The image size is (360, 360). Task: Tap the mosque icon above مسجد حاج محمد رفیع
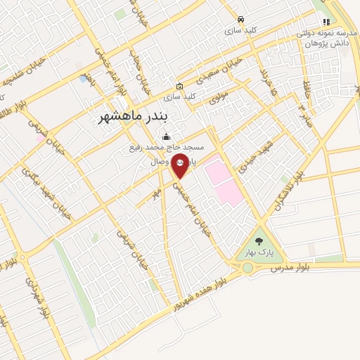pos(166,136)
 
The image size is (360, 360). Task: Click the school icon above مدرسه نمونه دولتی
pos(326,22)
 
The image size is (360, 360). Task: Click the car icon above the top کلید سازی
pos(241,20)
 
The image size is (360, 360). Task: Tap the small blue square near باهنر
pos(84,79)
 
